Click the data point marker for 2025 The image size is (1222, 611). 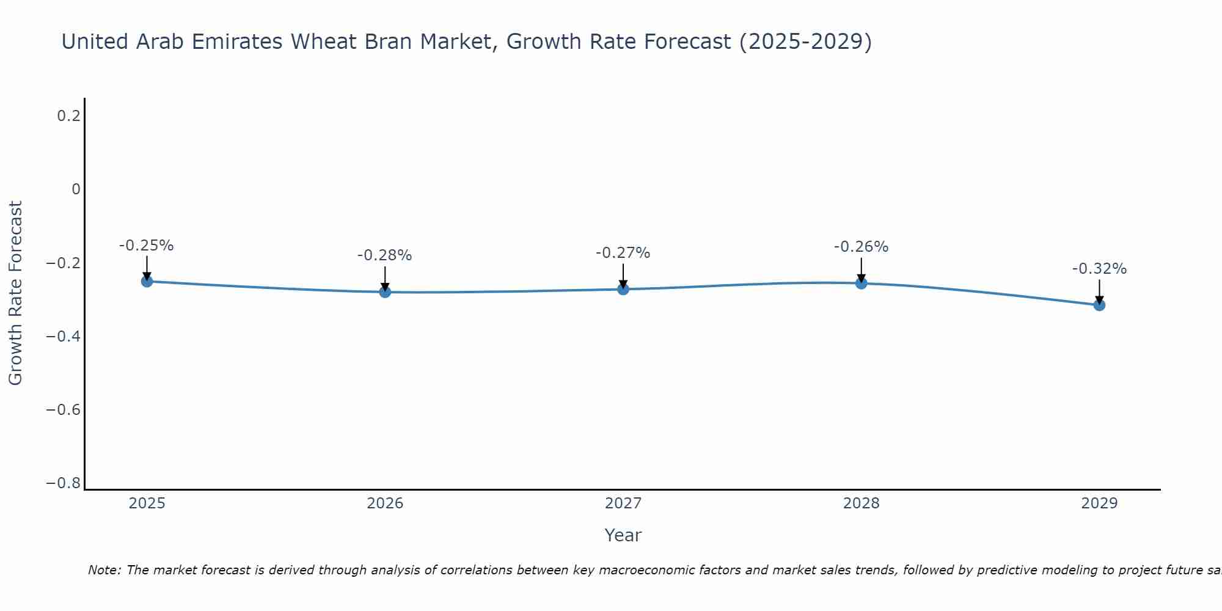point(147,281)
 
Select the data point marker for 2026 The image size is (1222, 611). point(385,292)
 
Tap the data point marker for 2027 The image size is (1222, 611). point(623,289)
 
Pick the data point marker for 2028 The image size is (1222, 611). point(861,283)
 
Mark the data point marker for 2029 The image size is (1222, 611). point(1099,305)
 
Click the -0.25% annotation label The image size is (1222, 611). point(147,246)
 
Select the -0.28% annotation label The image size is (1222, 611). point(385,255)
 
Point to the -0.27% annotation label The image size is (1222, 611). point(623,253)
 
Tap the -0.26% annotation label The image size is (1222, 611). point(861,247)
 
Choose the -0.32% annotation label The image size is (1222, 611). point(1099,269)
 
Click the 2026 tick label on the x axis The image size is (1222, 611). point(385,503)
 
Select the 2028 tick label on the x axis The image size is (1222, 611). point(861,503)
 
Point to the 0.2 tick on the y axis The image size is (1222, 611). point(69,115)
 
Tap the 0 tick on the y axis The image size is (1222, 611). point(76,189)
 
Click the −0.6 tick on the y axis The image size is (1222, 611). point(64,409)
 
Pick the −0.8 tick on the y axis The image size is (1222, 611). point(64,483)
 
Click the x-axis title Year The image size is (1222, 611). point(623,535)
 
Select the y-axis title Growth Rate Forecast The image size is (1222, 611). point(15,293)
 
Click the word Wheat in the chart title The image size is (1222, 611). point(323,42)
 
